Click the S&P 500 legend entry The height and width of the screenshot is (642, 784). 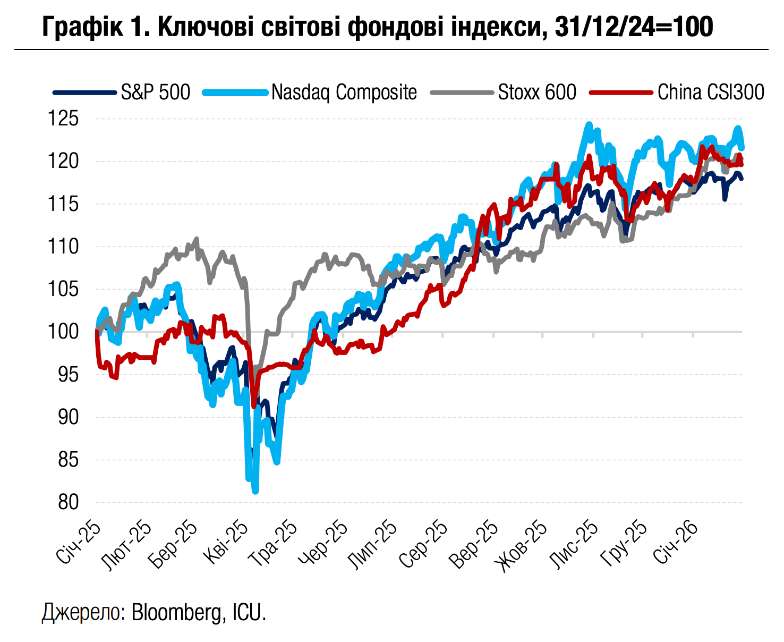(155, 92)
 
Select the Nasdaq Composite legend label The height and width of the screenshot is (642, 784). (344, 92)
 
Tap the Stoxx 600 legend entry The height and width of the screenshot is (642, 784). (536, 92)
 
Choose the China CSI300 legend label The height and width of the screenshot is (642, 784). (710, 92)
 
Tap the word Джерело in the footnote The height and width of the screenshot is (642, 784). (83, 612)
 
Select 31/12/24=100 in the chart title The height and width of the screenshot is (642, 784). (633, 27)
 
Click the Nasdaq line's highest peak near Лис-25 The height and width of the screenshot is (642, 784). (589, 124)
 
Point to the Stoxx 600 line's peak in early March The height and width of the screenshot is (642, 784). (197, 239)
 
